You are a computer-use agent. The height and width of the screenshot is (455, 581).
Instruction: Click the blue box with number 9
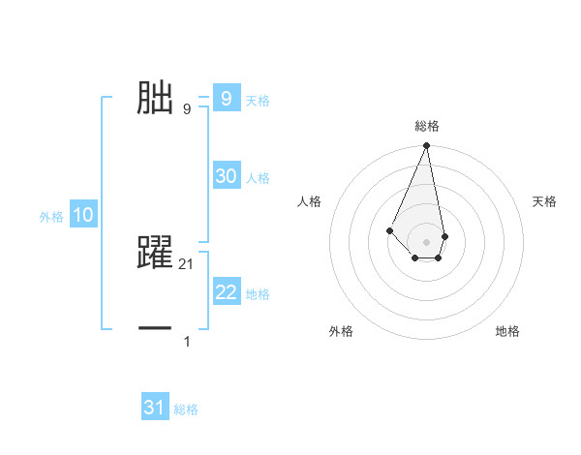point(226,98)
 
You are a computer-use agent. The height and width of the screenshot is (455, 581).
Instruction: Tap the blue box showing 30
point(226,176)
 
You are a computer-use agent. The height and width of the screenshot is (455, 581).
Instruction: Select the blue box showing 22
point(226,292)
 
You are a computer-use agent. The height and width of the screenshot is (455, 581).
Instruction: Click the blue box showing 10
point(83,215)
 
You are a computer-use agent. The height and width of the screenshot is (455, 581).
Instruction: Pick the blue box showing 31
point(154,408)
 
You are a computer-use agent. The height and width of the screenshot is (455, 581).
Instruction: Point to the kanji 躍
point(156,253)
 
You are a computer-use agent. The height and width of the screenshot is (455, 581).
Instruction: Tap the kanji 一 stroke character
point(156,330)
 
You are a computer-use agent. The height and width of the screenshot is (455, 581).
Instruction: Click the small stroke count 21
point(188,263)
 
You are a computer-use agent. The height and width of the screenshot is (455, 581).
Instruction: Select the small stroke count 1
point(187,341)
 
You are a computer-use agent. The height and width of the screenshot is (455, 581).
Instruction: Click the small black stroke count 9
point(187,108)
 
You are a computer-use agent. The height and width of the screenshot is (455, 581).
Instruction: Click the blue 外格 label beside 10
point(51,217)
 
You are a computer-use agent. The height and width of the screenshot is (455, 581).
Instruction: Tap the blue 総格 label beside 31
point(186,409)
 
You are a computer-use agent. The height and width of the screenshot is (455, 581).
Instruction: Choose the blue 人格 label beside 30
point(258,178)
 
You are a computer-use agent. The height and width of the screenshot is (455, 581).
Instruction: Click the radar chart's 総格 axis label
point(426,126)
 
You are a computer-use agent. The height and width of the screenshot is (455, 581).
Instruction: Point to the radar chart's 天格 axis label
point(544,201)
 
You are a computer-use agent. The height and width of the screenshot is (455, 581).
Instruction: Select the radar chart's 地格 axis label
point(507,331)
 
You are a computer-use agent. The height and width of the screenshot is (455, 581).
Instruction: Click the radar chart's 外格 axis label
point(341,331)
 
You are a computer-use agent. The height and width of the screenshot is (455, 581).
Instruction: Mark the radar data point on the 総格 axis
point(426,145)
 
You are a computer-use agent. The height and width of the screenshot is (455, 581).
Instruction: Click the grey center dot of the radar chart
point(426,242)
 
